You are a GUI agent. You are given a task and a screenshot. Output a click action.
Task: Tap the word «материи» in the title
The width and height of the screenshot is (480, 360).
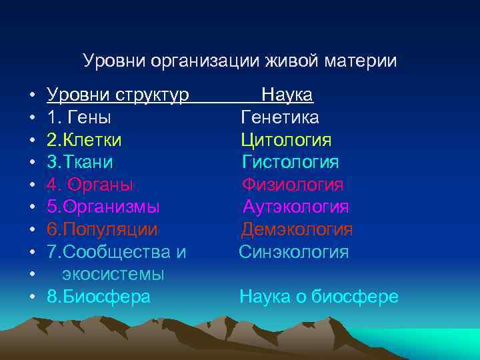tap(362, 61)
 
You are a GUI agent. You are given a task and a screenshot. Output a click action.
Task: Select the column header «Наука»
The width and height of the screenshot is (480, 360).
tap(287, 95)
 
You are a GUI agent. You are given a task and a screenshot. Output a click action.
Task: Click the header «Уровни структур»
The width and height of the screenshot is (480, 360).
tap(118, 95)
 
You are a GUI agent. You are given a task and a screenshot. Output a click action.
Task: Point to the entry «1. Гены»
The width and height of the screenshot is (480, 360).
tap(79, 118)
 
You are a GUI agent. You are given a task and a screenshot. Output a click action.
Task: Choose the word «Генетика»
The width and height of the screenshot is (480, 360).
tap(280, 118)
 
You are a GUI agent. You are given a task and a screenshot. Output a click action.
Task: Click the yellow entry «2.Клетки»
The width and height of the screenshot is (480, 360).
tap(85, 140)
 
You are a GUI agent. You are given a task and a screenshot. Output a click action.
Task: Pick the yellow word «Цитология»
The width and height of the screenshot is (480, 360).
tap(287, 140)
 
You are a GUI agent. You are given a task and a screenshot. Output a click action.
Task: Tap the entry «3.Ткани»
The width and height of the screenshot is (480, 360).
tap(80, 162)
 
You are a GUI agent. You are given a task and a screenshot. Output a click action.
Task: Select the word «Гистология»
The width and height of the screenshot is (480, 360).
tap(291, 162)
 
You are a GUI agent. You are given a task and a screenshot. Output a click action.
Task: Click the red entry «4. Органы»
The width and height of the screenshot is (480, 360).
tap(91, 185)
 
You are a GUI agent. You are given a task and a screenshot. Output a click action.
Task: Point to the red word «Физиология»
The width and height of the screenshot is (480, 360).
tap(293, 185)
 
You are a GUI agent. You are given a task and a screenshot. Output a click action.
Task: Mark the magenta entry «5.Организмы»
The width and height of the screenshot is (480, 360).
tap(103, 207)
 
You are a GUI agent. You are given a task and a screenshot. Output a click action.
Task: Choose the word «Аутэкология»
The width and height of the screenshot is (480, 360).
tap(295, 207)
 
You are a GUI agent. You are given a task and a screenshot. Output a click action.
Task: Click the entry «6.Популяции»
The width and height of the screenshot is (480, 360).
tap(103, 229)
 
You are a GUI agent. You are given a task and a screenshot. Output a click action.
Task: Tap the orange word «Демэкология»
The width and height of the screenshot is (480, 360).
tap(297, 229)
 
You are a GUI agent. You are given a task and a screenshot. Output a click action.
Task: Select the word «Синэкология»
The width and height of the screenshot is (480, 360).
tap(294, 252)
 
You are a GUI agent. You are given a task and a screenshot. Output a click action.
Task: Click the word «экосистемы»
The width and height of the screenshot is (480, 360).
tap(113, 274)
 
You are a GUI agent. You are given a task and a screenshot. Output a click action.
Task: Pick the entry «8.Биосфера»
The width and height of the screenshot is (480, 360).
tap(99, 297)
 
